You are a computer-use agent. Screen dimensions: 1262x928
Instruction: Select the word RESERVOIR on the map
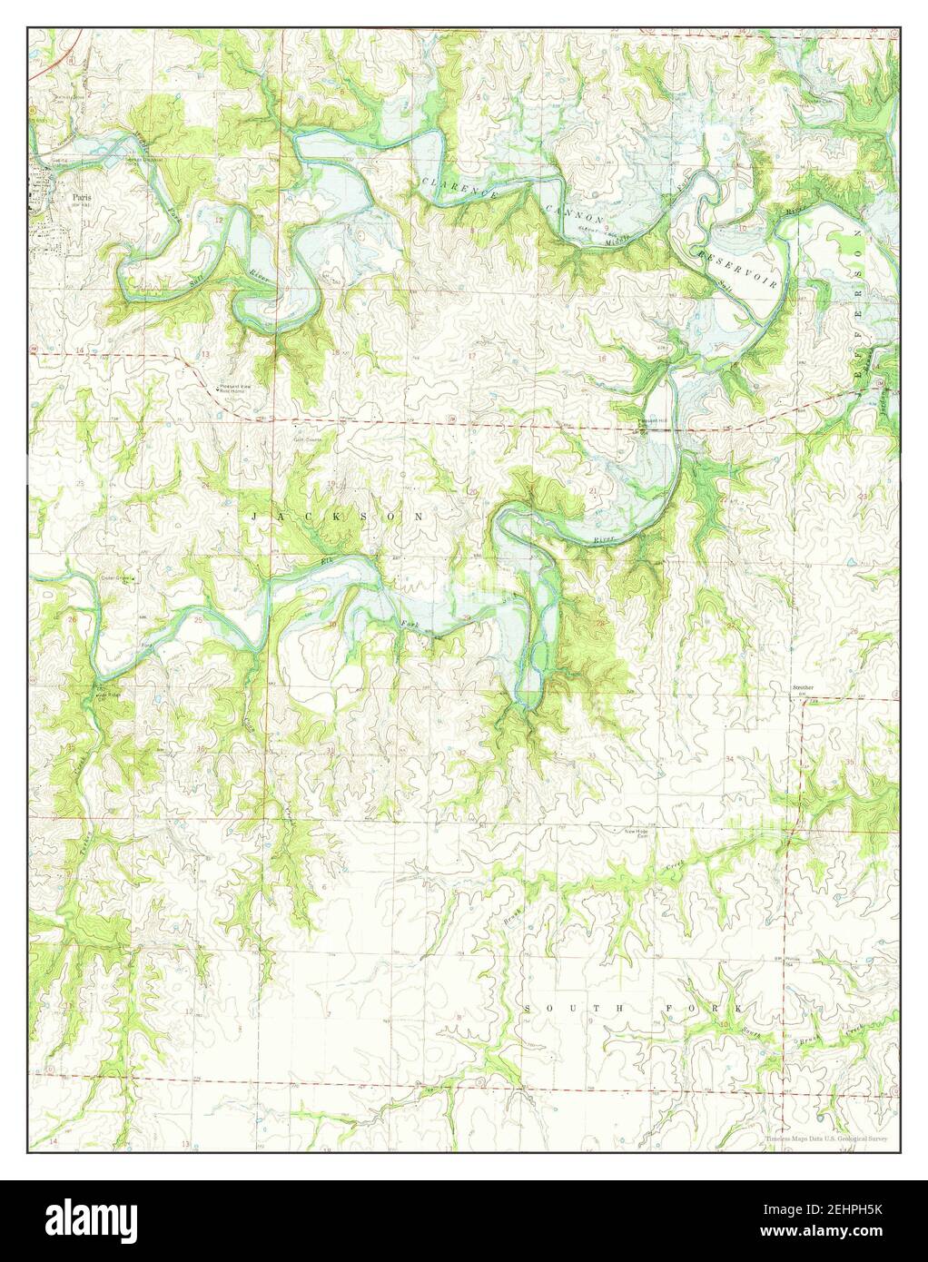click(x=737, y=267)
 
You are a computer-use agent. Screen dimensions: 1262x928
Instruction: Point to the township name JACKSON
click(x=337, y=516)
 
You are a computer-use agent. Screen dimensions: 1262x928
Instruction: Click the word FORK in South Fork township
click(x=718, y=1009)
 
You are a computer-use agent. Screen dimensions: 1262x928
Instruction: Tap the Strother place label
click(x=801, y=689)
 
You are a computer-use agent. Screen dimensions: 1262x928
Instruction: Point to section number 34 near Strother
click(x=729, y=755)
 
